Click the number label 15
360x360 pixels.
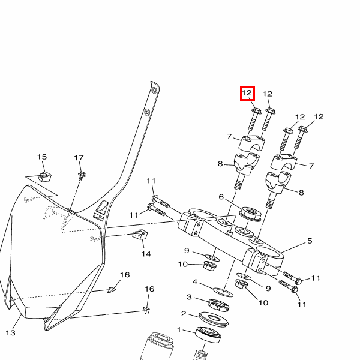tap(42, 157)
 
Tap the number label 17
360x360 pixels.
tap(79, 158)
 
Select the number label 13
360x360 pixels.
tap(10, 332)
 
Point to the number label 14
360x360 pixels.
tap(146, 254)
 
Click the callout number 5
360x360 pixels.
tap(310, 241)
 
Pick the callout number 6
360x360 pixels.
tap(221, 197)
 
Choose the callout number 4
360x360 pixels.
tap(195, 281)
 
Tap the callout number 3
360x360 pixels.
tap(189, 297)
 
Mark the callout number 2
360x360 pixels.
tap(184, 313)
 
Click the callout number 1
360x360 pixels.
tap(179, 329)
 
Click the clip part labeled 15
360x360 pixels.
tap(44, 176)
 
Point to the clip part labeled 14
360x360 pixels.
tap(140, 235)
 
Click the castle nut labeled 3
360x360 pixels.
tap(217, 304)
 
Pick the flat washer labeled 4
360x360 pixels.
tap(223, 292)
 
